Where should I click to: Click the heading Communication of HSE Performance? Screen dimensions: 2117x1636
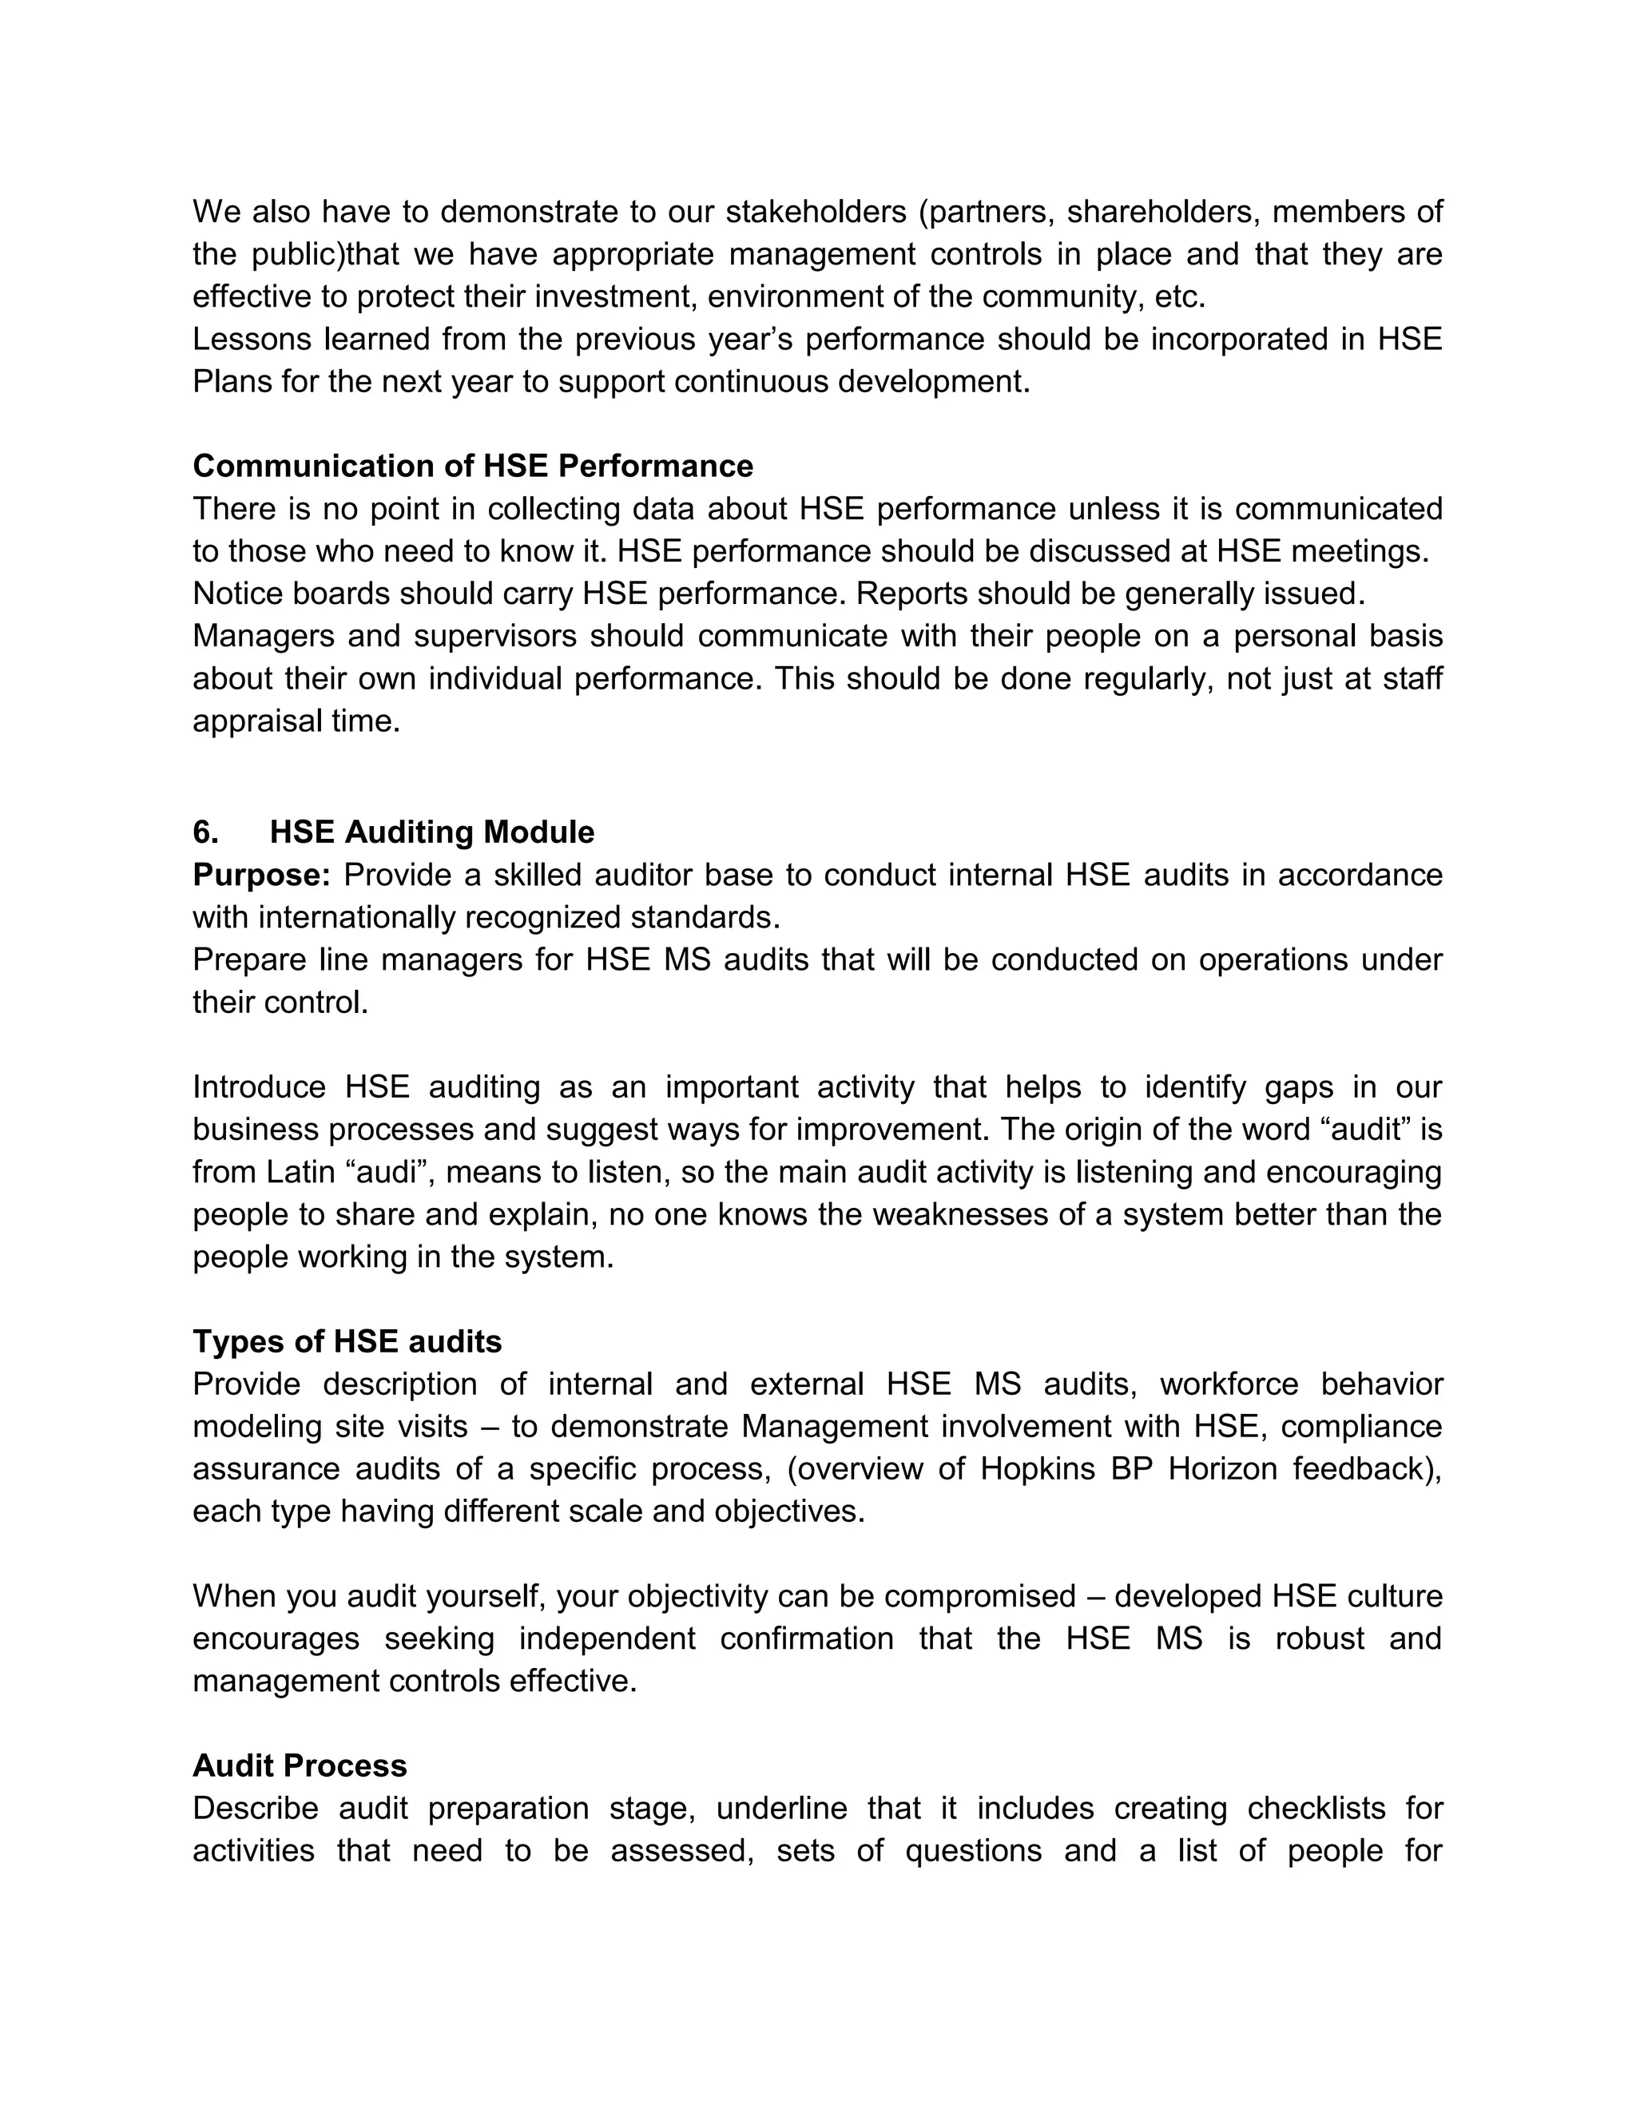[x=472, y=467]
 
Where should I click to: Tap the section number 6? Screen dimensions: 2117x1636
[x=205, y=832]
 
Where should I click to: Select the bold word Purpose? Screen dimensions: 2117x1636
[x=262, y=874]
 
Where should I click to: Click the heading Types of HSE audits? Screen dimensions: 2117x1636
[x=347, y=1341]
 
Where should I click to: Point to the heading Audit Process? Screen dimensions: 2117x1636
[x=300, y=1765]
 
